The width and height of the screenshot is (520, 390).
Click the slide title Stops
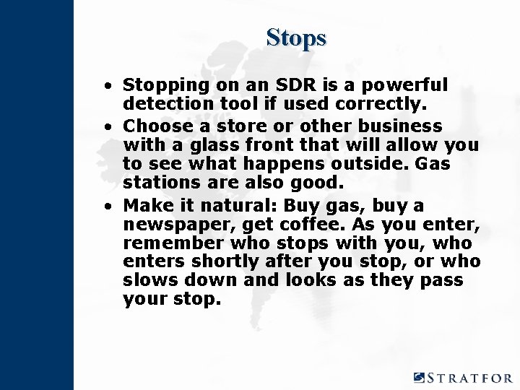pos(296,37)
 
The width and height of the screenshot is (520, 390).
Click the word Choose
pos(152,125)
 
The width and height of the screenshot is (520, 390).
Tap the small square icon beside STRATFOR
pos(420,377)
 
